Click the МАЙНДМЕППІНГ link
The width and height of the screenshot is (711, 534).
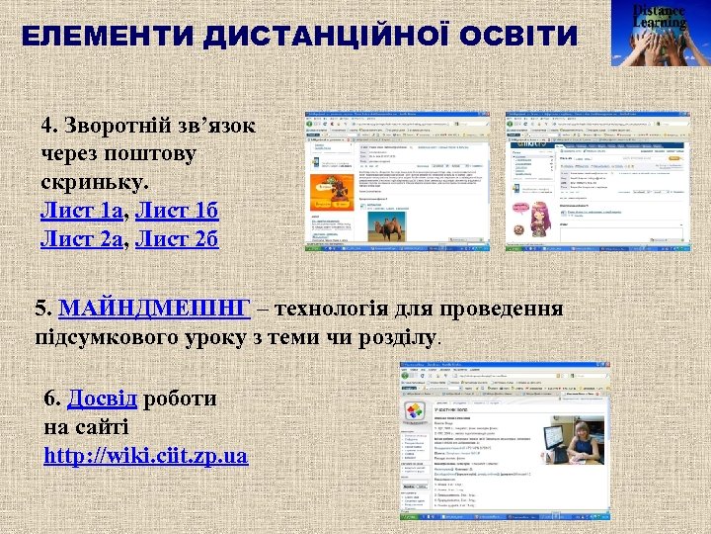point(155,309)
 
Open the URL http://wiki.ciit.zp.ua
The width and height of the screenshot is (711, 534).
point(146,457)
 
